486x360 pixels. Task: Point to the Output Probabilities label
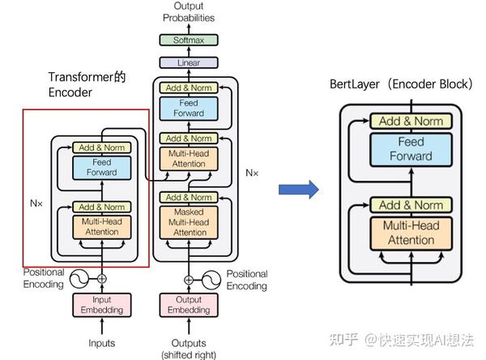188,11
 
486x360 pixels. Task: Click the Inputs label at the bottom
101,343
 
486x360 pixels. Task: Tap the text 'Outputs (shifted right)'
188,348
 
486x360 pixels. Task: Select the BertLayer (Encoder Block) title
400,84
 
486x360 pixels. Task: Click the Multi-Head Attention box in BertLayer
410,234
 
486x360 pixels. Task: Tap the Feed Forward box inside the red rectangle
96,168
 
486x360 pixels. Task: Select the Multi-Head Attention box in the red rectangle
96,226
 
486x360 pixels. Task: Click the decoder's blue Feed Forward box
188,108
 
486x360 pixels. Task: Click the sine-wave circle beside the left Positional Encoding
80,278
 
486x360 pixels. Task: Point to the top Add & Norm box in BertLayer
410,122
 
